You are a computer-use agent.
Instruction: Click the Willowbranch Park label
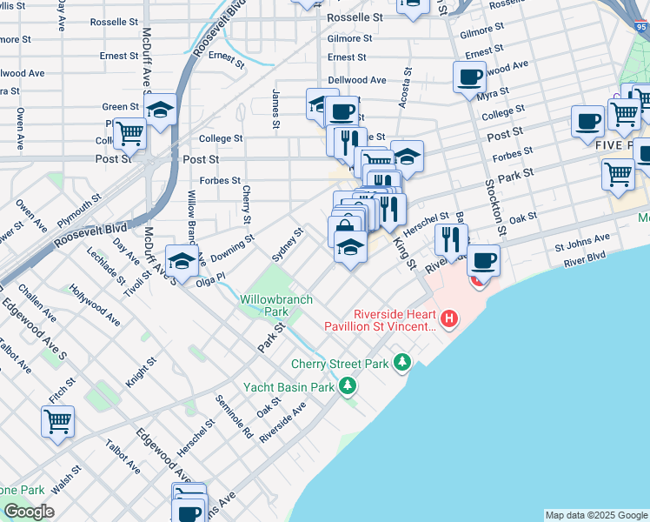264,304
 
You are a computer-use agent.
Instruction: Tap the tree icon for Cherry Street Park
401,361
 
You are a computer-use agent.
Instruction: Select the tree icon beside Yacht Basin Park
348,384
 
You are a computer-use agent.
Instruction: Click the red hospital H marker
449,319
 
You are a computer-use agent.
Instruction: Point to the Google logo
28,512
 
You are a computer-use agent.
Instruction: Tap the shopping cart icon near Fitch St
57,422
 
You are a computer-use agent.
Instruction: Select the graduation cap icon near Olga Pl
181,260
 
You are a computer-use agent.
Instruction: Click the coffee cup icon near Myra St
469,77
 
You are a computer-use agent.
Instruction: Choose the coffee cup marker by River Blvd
483,258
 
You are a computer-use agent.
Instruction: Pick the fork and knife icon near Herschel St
451,238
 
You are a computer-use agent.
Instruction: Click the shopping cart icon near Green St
129,133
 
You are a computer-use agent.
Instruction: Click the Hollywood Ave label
96,304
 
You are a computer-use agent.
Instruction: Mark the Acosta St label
405,89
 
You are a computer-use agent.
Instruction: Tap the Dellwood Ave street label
356,80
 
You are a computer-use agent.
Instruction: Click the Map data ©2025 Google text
596,515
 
